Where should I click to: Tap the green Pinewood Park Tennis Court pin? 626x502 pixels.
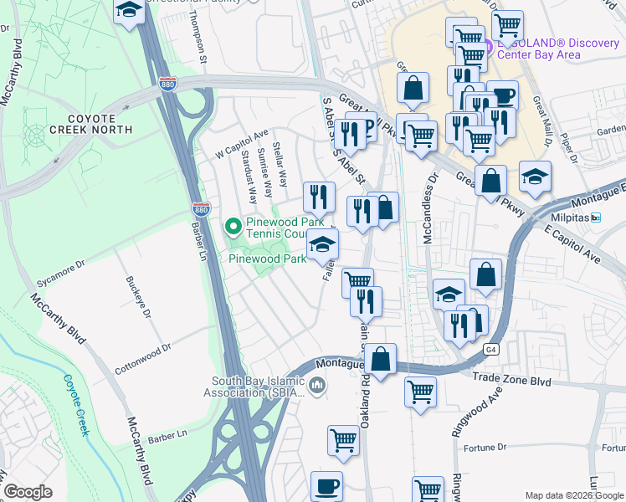(233, 226)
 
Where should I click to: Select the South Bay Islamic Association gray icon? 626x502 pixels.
(316, 386)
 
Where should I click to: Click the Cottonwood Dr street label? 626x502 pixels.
(144, 351)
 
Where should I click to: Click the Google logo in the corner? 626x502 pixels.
(28, 492)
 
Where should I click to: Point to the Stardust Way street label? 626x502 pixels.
(248, 177)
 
